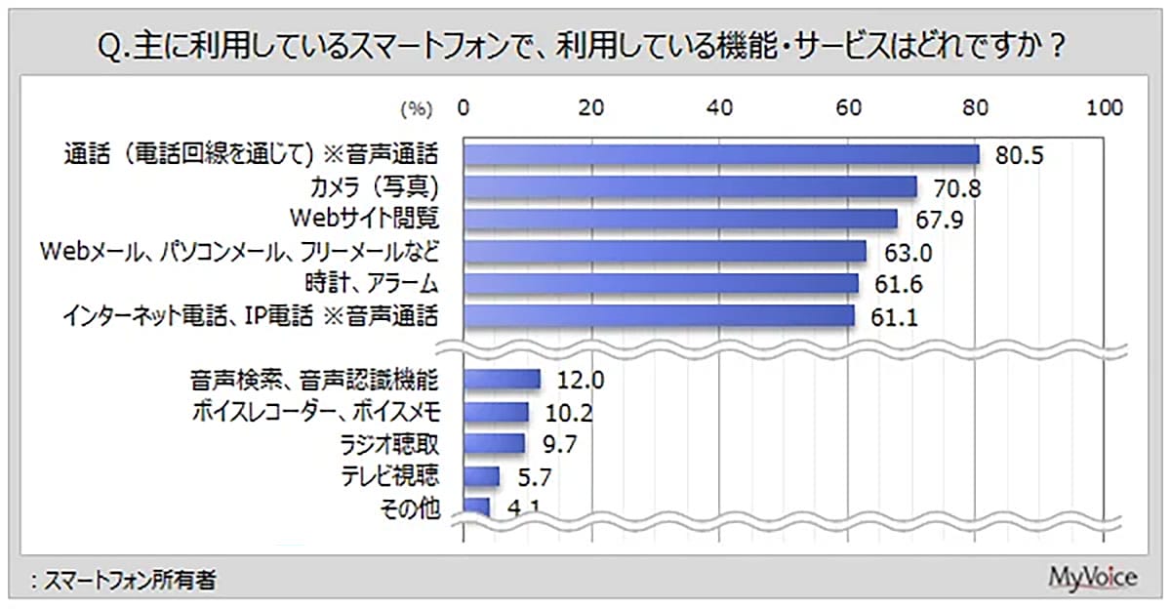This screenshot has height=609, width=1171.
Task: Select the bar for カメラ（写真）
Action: point(690,186)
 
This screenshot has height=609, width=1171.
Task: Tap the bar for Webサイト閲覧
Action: point(680,219)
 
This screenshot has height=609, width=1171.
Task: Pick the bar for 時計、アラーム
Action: point(661,283)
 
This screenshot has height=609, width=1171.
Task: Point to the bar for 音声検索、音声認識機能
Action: point(502,379)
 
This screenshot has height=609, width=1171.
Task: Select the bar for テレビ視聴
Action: point(481,475)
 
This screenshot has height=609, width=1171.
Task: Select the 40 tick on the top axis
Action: point(720,107)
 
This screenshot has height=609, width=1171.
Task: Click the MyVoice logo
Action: point(1092,577)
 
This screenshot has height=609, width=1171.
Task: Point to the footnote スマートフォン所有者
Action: point(121,581)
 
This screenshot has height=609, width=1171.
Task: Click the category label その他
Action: point(415,507)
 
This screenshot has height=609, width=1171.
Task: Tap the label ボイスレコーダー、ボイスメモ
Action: point(318,412)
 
